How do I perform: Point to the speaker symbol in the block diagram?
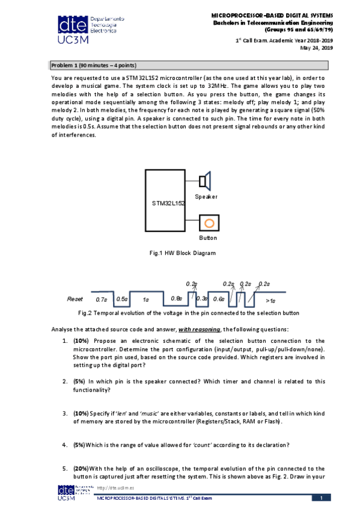point(205,180)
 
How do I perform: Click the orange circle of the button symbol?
point(209,223)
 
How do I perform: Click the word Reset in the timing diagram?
point(75,298)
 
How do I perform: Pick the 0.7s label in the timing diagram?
point(102,299)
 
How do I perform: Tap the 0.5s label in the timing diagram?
point(121,299)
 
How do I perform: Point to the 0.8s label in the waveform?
point(176,298)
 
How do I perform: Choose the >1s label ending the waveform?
point(270,300)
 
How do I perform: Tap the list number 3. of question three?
point(65,414)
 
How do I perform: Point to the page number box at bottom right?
point(321,497)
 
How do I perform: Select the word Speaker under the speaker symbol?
point(206,197)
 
